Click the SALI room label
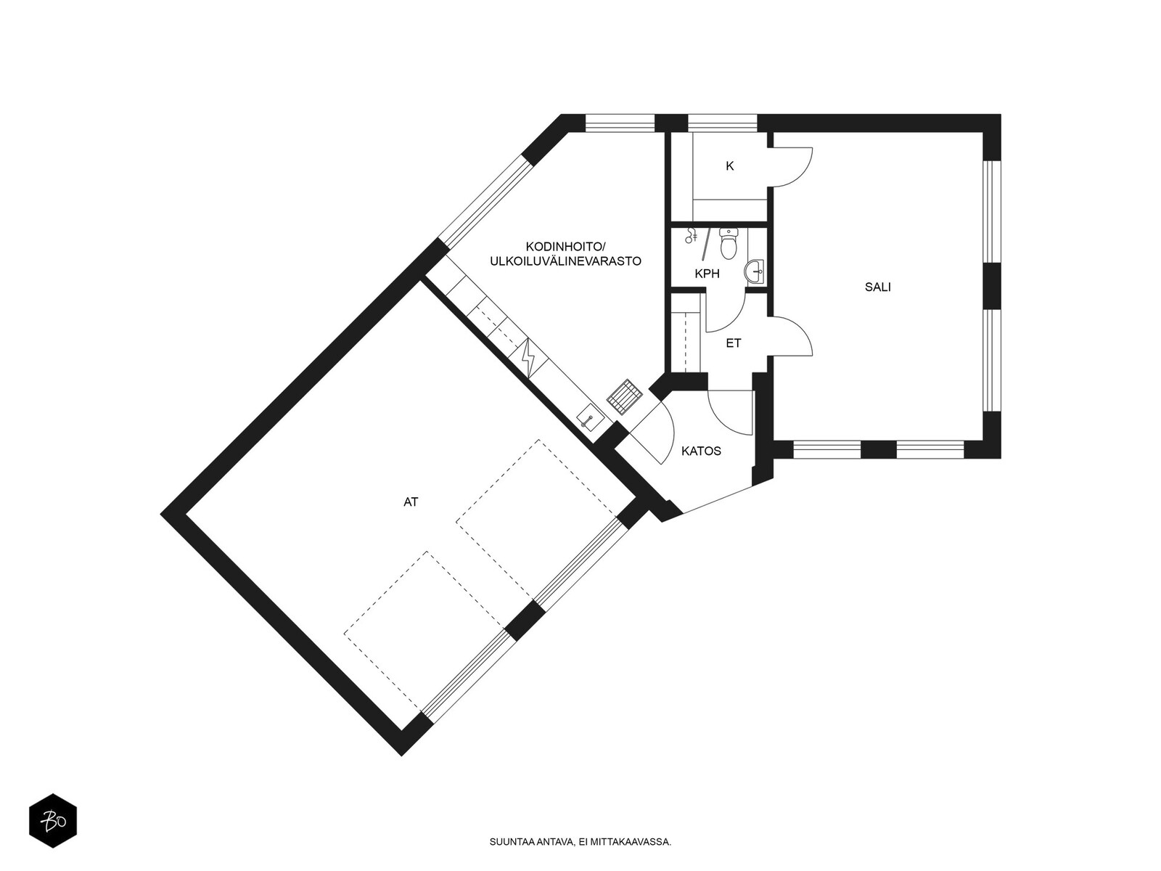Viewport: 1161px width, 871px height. pos(877,287)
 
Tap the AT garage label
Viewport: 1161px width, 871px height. pos(411,502)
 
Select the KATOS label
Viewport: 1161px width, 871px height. pos(701,451)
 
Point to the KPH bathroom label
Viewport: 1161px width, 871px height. pos(707,274)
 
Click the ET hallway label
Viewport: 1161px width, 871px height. pos(734,343)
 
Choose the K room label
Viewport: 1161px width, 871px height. pos(730,166)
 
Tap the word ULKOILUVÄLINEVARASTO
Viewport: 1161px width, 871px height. pos(565,261)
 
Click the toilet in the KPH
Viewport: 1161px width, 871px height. pos(729,244)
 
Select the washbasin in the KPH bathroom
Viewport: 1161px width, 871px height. pos(754,271)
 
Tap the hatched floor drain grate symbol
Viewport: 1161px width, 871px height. pos(625,394)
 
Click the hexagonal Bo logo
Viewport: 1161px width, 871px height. pos(53,821)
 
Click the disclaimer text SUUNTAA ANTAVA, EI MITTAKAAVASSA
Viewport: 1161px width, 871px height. pos(580,842)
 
